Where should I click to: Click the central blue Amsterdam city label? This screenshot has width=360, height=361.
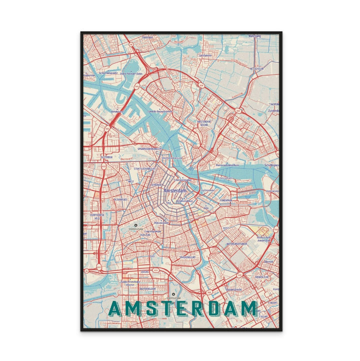pos(175,191)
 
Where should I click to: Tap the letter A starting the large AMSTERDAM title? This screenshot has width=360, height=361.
pos(114,308)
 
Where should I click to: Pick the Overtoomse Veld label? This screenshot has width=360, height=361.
pos(96,216)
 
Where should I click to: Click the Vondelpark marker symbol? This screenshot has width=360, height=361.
pos(135,225)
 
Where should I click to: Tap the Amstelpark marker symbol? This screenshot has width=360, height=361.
pos(173,294)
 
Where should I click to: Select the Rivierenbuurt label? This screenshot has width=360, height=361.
pos(191,257)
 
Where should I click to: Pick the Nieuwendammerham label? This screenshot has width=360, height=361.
pos(226,163)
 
